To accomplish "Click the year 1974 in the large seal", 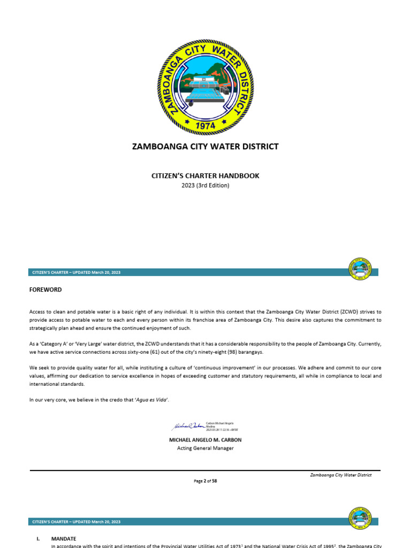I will point(205,125).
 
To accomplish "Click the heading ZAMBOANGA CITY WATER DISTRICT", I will point(205,147).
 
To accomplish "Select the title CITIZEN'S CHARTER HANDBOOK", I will point(205,176).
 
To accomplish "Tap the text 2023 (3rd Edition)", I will point(205,185).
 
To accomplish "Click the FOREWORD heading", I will point(45,290).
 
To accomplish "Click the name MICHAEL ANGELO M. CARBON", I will point(205,440).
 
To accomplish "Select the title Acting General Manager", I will point(205,448).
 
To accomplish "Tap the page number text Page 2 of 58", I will point(205,481).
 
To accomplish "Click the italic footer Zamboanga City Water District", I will point(341,475).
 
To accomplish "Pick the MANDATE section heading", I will point(64,538).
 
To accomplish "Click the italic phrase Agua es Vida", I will point(155,400).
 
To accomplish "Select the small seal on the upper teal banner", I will point(361,269).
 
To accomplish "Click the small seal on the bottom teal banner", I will point(361,518).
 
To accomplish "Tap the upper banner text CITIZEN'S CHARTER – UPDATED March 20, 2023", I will point(76,272).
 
